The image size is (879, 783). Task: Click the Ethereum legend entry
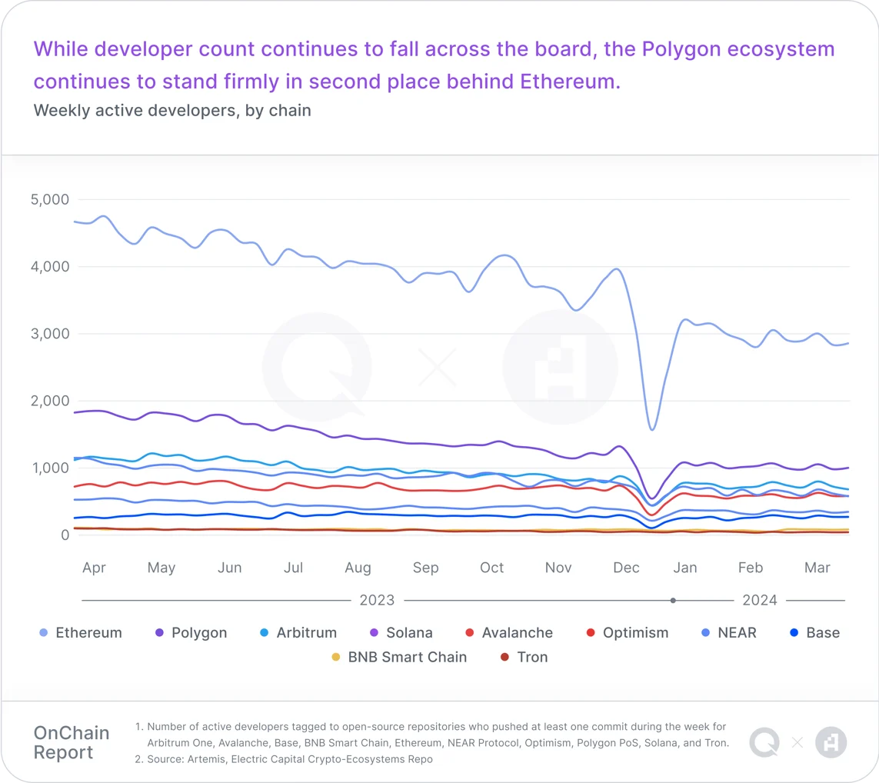(x=81, y=633)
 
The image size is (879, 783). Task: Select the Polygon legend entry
(x=191, y=633)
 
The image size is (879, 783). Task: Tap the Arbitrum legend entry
(x=298, y=633)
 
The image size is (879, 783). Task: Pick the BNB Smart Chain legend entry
(x=399, y=658)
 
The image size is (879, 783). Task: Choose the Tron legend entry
(x=524, y=658)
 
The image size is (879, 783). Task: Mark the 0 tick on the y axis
(x=65, y=535)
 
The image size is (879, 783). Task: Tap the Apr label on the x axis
(x=94, y=568)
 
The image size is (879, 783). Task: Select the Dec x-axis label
(x=626, y=568)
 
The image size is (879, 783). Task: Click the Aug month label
(x=358, y=568)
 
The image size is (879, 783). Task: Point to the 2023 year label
(x=377, y=600)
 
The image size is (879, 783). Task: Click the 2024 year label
(x=760, y=600)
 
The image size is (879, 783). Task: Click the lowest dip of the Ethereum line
(x=652, y=429)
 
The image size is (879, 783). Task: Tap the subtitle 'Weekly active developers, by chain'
(x=172, y=110)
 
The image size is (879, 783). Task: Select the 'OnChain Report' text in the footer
(x=72, y=742)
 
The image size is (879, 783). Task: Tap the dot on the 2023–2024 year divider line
(x=673, y=600)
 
